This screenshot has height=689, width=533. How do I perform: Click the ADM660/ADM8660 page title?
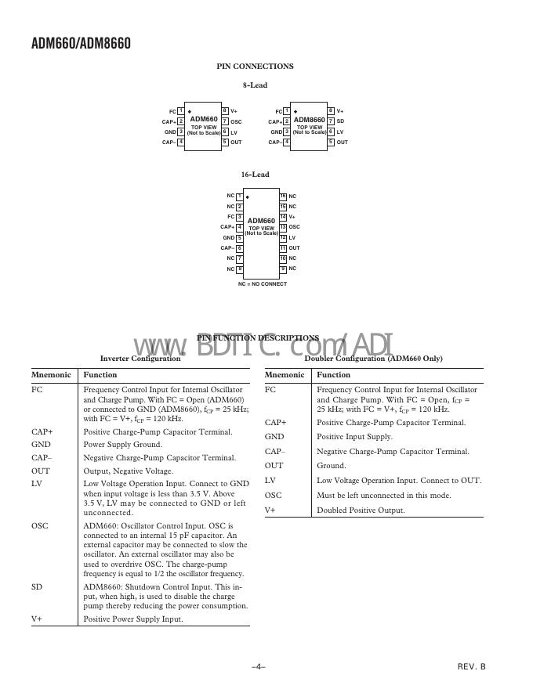tap(82, 43)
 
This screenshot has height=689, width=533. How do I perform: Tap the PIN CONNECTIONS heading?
tap(256, 67)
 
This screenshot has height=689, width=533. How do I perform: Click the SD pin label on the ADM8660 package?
tap(341, 121)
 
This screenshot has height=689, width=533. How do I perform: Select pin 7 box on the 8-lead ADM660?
tap(225, 121)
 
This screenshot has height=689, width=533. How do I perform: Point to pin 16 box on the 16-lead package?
tap(283, 196)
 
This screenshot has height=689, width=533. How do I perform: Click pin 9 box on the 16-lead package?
tap(283, 269)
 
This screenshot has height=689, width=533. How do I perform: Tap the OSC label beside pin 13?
tap(295, 227)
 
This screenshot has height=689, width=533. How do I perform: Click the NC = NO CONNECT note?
tap(263, 284)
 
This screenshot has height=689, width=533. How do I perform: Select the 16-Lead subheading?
tap(256, 175)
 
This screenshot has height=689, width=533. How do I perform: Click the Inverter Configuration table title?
tap(140, 359)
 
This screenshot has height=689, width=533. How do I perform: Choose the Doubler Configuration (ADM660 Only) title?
tap(373, 359)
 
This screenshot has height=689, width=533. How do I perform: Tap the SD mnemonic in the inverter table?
tap(37, 586)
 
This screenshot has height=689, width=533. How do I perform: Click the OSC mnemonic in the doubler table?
tap(274, 495)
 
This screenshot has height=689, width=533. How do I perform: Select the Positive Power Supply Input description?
tap(133, 619)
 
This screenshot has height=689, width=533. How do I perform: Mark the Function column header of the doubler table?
tap(334, 375)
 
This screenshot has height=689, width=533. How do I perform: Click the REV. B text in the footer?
tap(472, 666)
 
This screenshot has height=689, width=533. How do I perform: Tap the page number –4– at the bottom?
tap(259, 666)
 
